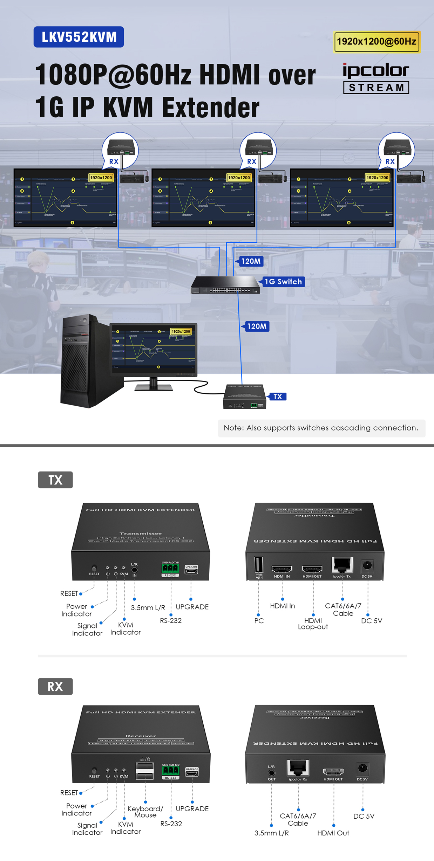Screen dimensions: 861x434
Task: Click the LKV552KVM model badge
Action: point(79,37)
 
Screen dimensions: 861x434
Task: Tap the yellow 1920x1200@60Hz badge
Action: point(377,42)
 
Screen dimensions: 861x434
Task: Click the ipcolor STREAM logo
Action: point(376,78)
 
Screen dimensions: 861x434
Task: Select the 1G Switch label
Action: point(283,282)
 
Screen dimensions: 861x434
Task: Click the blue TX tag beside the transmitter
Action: point(278,397)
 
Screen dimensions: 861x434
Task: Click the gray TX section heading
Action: point(55,480)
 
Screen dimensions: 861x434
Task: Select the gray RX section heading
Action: point(55,686)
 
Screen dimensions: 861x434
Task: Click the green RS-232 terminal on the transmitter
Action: point(170,568)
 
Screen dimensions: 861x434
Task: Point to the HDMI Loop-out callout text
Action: point(313,624)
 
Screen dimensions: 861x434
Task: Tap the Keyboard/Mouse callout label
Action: point(145,812)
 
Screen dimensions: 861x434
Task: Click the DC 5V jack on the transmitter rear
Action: point(367,565)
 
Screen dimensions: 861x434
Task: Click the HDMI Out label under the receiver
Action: point(333,833)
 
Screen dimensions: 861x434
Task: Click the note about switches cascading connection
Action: point(321,428)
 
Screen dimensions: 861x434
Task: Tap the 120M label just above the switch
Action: point(251,261)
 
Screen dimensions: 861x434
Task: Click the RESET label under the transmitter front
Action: point(69,593)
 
